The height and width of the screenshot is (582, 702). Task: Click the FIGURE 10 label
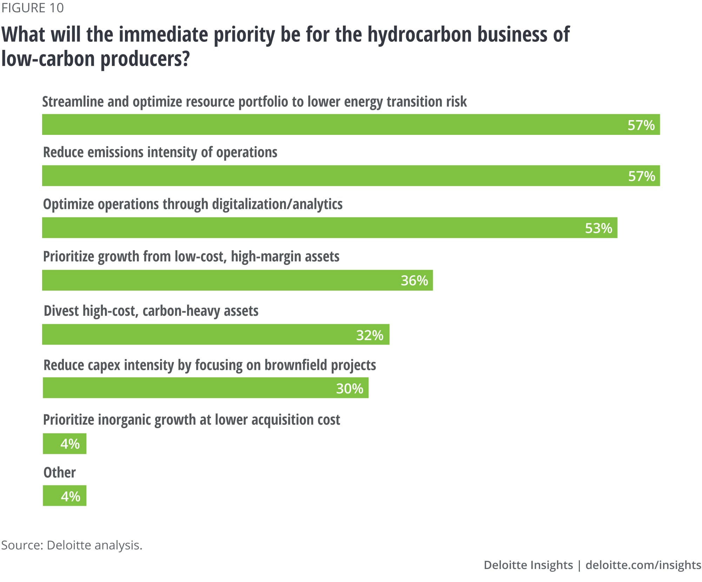pyautogui.click(x=32, y=8)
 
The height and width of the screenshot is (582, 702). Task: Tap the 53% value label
pyautogui.click(x=598, y=228)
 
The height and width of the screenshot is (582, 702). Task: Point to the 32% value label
pyautogui.click(x=369, y=335)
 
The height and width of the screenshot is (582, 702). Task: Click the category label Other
pyautogui.click(x=59, y=472)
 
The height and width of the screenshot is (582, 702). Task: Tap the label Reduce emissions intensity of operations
pyautogui.click(x=160, y=152)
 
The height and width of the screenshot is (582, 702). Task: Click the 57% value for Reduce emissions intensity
pyautogui.click(x=641, y=176)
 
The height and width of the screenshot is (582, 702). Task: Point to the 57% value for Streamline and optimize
pyautogui.click(x=641, y=125)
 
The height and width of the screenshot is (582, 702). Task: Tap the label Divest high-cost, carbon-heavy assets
pyautogui.click(x=151, y=311)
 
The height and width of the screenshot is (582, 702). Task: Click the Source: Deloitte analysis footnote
pyautogui.click(x=72, y=545)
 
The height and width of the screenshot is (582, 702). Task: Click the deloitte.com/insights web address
pyautogui.click(x=643, y=565)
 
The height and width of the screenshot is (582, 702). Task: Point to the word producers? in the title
pyautogui.click(x=145, y=59)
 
